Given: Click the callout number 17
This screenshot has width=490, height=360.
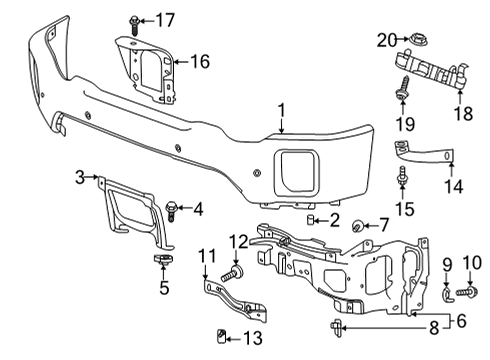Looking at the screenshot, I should coord(164,19).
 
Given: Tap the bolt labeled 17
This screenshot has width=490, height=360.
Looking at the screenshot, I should coord(133,19).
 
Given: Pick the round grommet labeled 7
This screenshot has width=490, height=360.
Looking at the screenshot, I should coord(358,229).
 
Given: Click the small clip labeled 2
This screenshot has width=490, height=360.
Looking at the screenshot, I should coord(312,219).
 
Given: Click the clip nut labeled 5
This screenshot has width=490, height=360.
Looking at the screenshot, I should coord(159,261).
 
